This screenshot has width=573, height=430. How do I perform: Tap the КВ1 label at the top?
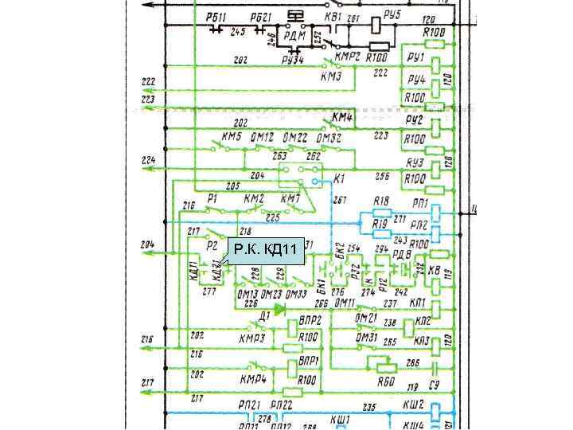point(333,16)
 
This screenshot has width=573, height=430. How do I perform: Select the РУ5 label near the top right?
point(392,14)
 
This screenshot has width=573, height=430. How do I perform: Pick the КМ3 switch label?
point(331,77)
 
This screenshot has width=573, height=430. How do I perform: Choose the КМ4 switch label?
point(343,118)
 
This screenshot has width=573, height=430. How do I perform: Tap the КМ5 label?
point(232,137)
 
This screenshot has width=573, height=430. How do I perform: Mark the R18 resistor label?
point(381,201)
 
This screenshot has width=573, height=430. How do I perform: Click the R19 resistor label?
point(380,225)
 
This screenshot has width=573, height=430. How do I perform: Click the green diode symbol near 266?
point(279,307)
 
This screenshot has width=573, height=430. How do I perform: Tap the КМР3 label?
point(252,338)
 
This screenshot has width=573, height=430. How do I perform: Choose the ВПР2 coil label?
point(310,319)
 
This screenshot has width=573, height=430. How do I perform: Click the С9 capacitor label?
point(435,385)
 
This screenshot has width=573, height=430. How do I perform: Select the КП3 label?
point(421,342)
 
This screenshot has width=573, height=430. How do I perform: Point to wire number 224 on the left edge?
point(148,160)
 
